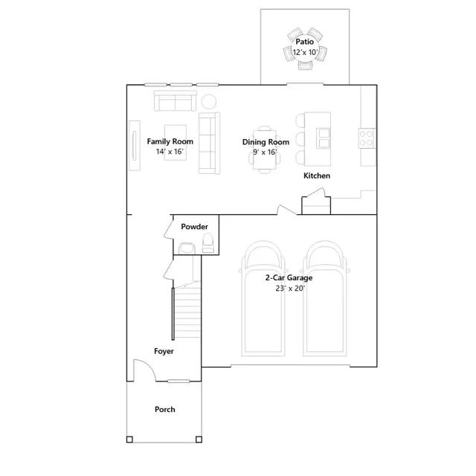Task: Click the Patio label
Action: point(304,42)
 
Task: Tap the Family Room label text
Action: point(170,141)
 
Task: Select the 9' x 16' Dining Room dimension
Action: point(265,152)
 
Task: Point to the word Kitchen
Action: point(317,176)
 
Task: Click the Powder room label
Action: point(195,227)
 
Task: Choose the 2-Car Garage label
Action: point(289,277)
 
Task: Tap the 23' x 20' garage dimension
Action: point(290,289)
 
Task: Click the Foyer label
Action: point(164,351)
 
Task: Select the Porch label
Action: point(165,410)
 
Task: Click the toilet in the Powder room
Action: point(208,243)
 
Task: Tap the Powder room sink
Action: point(187,248)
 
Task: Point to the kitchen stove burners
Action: point(367,138)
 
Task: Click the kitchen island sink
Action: point(323,138)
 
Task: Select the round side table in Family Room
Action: point(209,102)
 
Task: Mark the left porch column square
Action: point(129,440)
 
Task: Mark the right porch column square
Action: point(199,440)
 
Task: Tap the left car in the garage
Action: point(263,298)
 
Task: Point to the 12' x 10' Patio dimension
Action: point(305,52)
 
